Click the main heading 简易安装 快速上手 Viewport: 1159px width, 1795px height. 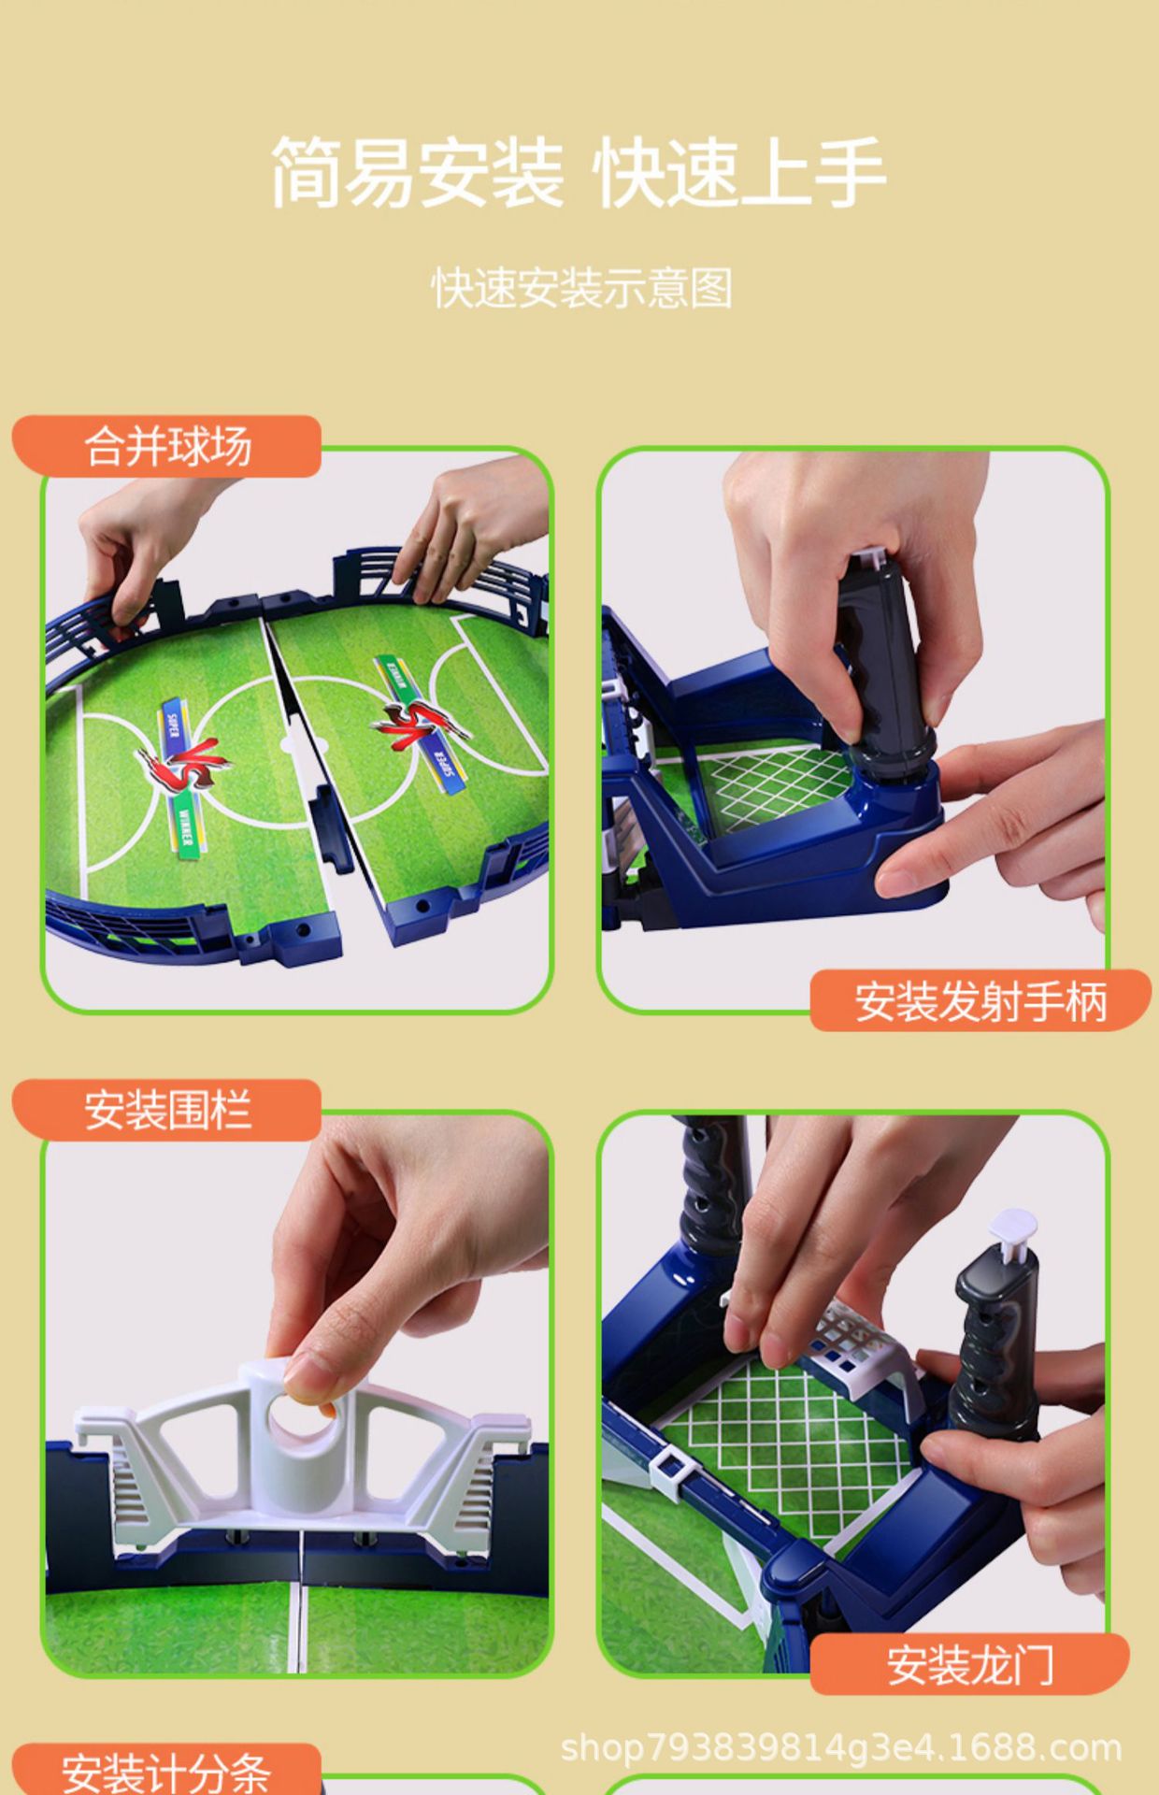(x=578, y=173)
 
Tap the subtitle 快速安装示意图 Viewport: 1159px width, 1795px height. (x=581, y=288)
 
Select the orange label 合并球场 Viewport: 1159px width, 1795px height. (x=168, y=446)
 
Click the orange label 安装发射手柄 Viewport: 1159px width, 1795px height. (x=980, y=1001)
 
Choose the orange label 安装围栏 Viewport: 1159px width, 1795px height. (x=168, y=1111)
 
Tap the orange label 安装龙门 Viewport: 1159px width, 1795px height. (x=970, y=1665)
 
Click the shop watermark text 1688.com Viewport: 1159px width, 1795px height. (x=841, y=1747)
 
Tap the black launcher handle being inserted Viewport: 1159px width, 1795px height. (x=883, y=654)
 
